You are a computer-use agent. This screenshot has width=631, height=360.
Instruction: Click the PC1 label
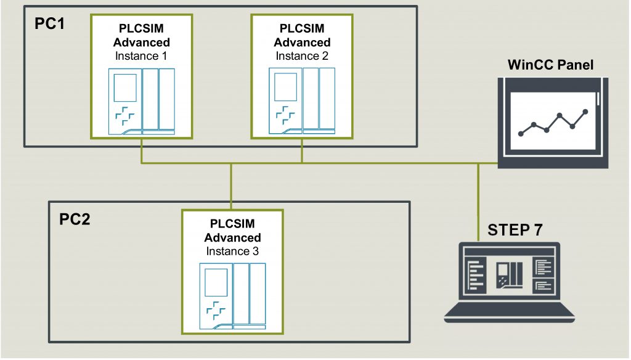51,26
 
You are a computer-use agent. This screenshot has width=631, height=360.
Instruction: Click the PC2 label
75,219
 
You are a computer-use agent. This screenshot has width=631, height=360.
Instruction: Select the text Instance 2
301,56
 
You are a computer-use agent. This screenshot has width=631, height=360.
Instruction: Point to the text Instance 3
232,252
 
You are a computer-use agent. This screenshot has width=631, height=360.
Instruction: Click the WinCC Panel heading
550,65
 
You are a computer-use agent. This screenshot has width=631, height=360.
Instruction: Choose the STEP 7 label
515,231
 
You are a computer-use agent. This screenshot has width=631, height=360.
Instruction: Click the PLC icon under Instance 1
142,101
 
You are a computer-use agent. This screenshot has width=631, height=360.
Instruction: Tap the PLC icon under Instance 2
302,101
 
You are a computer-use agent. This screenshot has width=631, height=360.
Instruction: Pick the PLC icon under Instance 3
232,295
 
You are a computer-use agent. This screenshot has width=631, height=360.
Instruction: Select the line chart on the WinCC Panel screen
553,121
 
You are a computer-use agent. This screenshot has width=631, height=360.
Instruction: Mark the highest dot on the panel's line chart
585,112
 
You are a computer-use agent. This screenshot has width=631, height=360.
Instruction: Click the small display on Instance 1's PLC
127,87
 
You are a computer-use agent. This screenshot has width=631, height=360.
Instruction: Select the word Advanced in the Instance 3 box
232,237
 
